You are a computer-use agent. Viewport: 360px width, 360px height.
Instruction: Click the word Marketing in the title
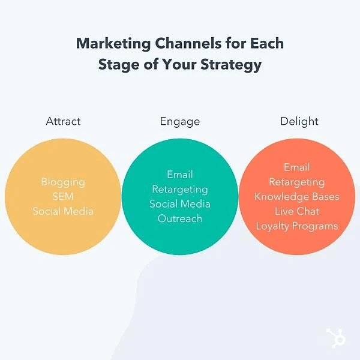pos(113,44)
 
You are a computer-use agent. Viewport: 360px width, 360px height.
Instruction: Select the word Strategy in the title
pos(231,65)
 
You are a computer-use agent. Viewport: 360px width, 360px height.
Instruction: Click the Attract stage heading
pos(63,121)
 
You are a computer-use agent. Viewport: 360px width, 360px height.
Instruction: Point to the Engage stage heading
pos(180,122)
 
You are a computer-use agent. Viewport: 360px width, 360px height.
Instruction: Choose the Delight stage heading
pos(299,122)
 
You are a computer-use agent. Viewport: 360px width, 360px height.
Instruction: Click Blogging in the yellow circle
pos(63,182)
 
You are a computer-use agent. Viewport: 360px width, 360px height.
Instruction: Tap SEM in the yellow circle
pos(63,197)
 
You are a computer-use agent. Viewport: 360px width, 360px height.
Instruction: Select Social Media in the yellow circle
pos(63,211)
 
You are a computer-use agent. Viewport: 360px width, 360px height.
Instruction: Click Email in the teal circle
pos(180,175)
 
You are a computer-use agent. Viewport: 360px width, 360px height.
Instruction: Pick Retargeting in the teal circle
pos(180,190)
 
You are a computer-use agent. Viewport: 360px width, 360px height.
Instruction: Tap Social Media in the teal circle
pos(180,204)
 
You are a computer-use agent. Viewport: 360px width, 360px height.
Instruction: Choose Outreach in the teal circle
pos(180,218)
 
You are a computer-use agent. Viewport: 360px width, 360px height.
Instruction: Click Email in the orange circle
pos(297,167)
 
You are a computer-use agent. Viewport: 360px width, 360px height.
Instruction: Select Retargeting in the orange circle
pos(297,182)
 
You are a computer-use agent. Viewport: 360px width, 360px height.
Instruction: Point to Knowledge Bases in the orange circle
pos(297,197)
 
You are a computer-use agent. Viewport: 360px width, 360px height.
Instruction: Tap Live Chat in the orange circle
pos(297,211)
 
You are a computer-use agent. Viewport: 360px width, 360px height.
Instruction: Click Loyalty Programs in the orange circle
pos(297,226)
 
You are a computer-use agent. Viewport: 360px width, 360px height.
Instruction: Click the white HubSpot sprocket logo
pos(336,338)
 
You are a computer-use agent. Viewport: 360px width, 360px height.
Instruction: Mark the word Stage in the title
pos(119,65)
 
